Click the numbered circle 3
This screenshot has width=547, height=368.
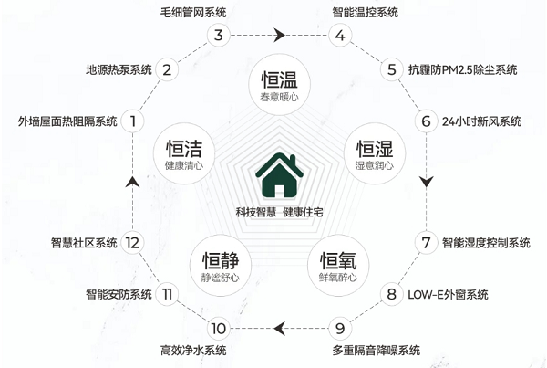pyautogui.click(x=219, y=35)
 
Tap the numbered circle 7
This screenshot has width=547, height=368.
pyautogui.click(x=426, y=243)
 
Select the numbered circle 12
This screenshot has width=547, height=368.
pyautogui.click(x=132, y=243)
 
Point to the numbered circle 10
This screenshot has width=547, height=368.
pyautogui.click(x=219, y=329)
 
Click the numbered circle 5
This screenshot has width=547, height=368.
pyautogui.click(x=392, y=69)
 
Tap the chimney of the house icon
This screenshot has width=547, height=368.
pyautogui.click(x=293, y=161)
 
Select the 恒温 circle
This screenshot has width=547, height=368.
pyautogui.click(x=279, y=85)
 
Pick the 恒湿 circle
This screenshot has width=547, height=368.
pyautogui.click(x=375, y=153)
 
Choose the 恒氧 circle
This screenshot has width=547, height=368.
pyautogui.click(x=338, y=266)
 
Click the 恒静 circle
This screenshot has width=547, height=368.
pyautogui.click(x=221, y=266)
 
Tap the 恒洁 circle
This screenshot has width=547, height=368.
pyautogui.click(x=184, y=153)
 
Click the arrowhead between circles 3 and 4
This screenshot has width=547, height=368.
pyautogui.click(x=279, y=35)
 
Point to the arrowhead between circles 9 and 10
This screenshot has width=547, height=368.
pyautogui.click(x=280, y=329)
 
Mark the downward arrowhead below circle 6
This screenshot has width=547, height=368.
pyautogui.click(x=426, y=182)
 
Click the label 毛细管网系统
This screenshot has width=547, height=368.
pyautogui.click(x=193, y=13)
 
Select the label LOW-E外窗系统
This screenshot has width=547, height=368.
pyautogui.click(x=448, y=295)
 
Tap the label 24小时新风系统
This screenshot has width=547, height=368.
pyautogui.click(x=481, y=121)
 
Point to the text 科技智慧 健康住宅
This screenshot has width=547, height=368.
pyautogui.click(x=279, y=212)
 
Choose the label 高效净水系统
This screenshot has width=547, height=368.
pyautogui.click(x=193, y=350)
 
